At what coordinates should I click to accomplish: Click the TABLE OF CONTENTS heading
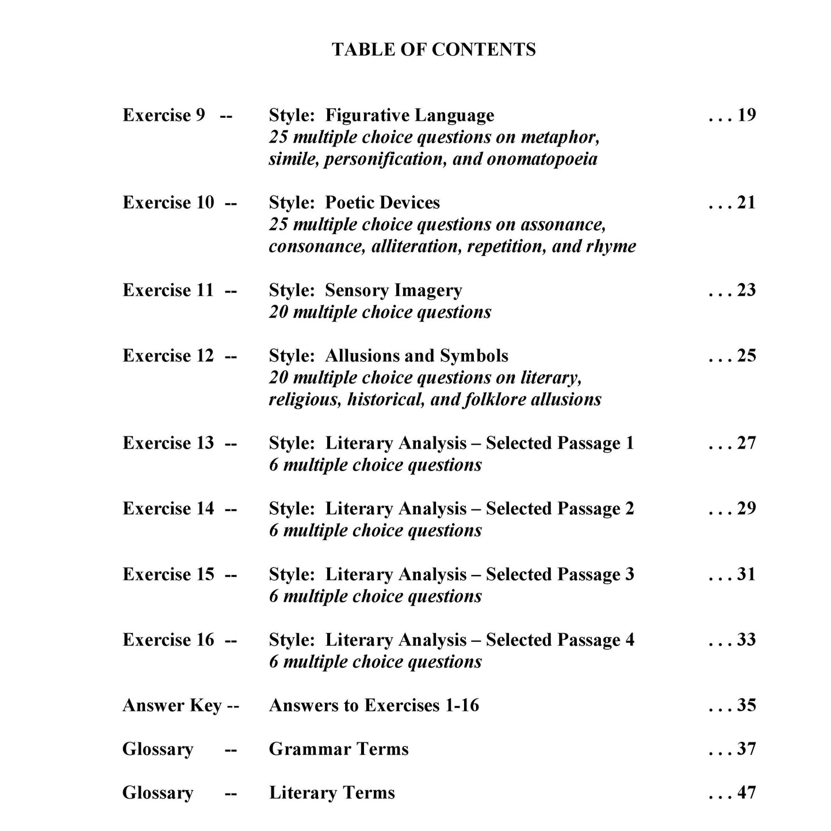point(434,49)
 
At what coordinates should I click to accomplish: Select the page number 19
point(746,115)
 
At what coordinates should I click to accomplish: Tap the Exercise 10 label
point(168,202)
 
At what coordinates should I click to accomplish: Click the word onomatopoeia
point(542,159)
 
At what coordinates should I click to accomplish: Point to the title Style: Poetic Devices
point(354,202)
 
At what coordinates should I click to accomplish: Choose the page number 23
point(746,290)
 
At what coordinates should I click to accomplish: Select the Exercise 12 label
point(168,355)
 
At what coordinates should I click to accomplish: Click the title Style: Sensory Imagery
point(365,290)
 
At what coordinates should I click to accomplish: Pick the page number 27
point(746,443)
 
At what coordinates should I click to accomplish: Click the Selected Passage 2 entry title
point(451,508)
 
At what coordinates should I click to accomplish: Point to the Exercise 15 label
point(168,574)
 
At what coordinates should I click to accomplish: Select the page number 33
point(746,639)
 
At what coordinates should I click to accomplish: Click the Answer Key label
point(172,705)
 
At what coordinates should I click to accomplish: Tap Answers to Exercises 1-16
point(374,705)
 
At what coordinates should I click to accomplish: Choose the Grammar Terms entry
point(339,749)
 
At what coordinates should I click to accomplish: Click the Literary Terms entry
point(332,792)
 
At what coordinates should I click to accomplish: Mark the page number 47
point(746,792)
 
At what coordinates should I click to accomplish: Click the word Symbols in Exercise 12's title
point(474,355)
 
